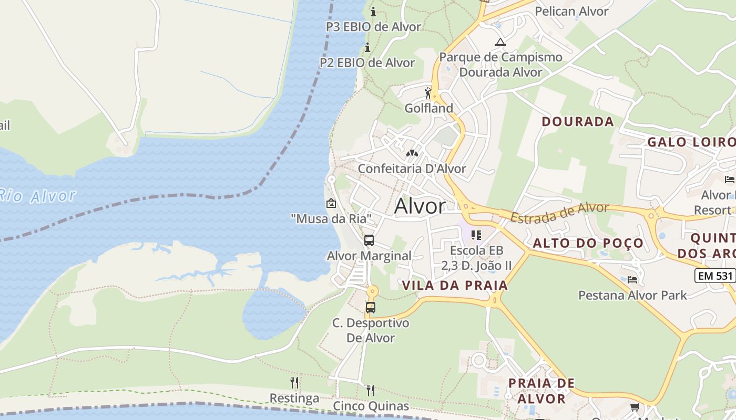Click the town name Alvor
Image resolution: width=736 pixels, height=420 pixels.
tap(420, 206)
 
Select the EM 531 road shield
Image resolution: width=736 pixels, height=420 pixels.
tap(714, 276)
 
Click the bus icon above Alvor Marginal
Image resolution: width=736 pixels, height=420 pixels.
tap(369, 240)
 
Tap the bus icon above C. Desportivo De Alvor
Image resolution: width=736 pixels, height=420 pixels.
tap(371, 307)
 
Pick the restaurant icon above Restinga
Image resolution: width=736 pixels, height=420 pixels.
tap(294, 383)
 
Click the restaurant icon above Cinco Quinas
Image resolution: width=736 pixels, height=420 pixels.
tap(371, 390)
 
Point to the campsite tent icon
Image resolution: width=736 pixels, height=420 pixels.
tap(500, 42)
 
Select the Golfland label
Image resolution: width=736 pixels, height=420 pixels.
tap(428, 108)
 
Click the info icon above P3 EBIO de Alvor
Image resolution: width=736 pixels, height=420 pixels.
tap(373, 12)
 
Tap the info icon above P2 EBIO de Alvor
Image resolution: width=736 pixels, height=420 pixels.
tap(367, 48)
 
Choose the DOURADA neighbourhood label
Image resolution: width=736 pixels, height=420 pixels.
tap(578, 122)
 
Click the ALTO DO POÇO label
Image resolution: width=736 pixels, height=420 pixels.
tap(588, 243)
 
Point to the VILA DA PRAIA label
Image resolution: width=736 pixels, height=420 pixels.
tap(455, 286)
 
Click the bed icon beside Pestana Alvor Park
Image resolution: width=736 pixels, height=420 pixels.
tap(632, 280)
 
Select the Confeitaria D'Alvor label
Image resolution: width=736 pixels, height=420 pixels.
tap(412, 169)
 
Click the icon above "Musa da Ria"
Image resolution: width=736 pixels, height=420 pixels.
tap(331, 203)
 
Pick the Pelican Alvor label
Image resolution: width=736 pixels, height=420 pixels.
tap(571, 12)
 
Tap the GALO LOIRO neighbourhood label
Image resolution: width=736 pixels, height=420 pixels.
tap(691, 142)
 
